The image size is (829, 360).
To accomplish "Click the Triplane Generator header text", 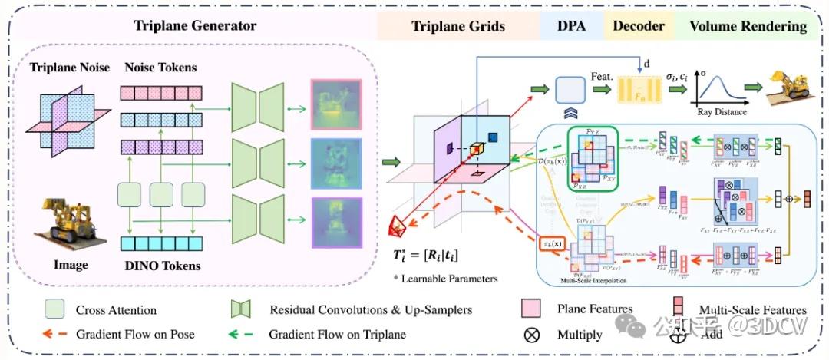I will (195, 26).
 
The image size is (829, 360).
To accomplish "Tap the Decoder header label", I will (639, 26).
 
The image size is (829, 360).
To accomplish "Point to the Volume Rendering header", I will (748, 26).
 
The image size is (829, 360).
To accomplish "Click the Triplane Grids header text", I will (457, 26).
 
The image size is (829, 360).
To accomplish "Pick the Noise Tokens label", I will (160, 68).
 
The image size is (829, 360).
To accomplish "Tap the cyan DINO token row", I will (160, 244).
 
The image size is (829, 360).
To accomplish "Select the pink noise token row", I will (160, 94).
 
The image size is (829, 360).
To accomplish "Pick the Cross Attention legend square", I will (54, 310).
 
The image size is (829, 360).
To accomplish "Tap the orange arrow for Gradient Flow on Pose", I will (53, 335).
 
